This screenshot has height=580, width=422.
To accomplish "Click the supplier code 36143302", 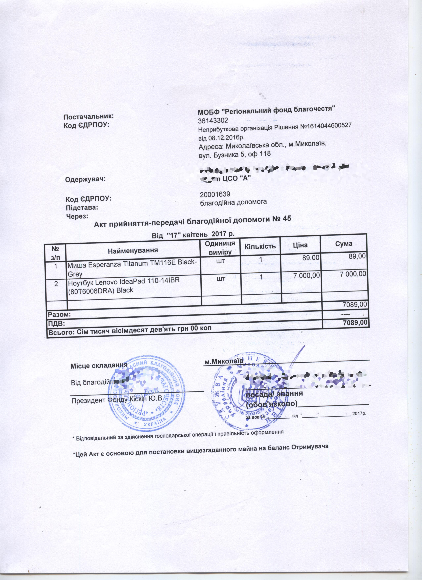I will click(213, 120).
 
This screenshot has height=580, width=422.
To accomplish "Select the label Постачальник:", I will click(88, 117).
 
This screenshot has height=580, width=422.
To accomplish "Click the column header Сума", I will click(344, 244).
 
